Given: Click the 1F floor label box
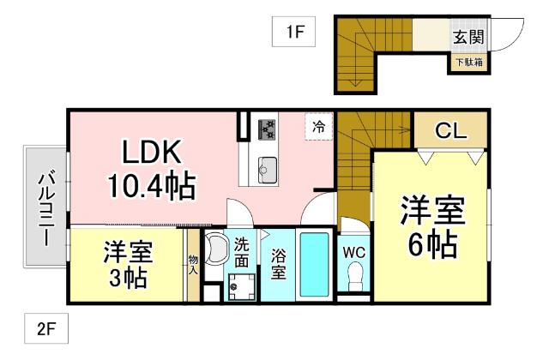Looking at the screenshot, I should (296, 33).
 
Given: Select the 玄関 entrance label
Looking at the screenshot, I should (468, 38).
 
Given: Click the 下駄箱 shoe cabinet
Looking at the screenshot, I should (468, 62).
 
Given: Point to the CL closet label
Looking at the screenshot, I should (451, 130).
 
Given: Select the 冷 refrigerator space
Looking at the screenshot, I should (318, 127).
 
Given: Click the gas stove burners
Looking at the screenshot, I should (267, 129).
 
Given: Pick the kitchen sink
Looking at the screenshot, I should (266, 167).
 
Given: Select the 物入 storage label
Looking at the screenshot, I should (193, 265).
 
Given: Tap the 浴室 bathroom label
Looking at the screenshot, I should (279, 266).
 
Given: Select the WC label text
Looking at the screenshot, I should (354, 253).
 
